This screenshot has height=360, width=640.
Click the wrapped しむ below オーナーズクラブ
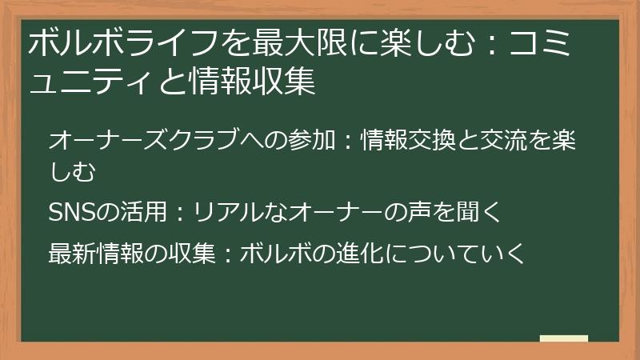(72, 170)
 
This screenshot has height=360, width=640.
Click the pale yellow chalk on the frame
(563, 338)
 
